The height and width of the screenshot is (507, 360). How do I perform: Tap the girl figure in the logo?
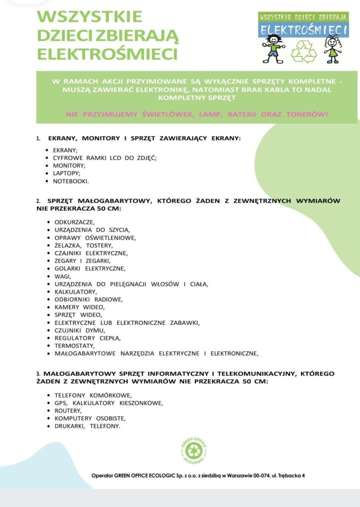pyautogui.click(x=332, y=49)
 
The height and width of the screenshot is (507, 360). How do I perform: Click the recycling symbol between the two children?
pyautogui.click(x=303, y=51)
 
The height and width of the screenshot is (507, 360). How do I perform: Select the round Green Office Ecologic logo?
pyautogui.click(x=194, y=450)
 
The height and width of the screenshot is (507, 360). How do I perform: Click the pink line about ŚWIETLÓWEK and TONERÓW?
pyautogui.click(x=197, y=114)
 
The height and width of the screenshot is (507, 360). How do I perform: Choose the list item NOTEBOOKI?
pyautogui.click(x=71, y=181)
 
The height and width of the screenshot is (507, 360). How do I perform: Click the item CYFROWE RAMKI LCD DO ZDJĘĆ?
pyautogui.click(x=104, y=157)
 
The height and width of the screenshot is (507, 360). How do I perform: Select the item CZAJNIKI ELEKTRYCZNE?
pyautogui.click(x=91, y=253)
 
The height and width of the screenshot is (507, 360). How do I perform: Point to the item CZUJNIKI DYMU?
pyautogui.click(x=80, y=330)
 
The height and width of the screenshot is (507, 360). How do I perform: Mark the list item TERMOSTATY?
pyautogui.click(x=74, y=346)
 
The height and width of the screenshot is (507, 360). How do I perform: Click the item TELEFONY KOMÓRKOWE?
pyautogui.click(x=93, y=395)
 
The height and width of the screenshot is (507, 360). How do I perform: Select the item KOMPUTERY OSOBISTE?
pyautogui.click(x=90, y=418)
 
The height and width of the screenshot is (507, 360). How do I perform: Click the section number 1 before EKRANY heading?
pyautogui.click(x=38, y=139)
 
